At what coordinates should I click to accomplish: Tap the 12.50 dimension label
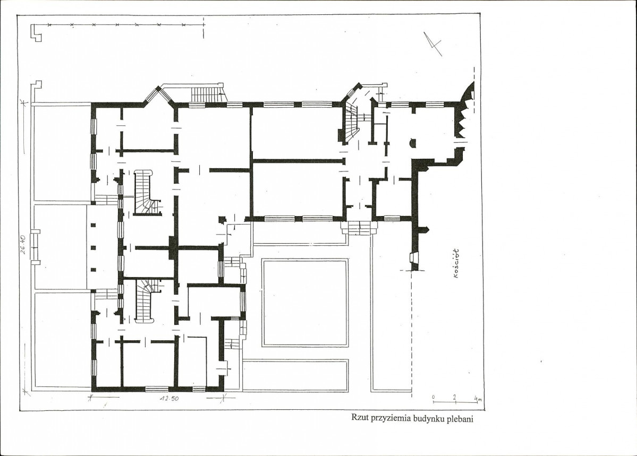pyautogui.click(x=169, y=398)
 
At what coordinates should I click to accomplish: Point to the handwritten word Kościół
pyautogui.click(x=456, y=263)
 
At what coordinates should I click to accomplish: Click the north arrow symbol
pyautogui.click(x=432, y=44)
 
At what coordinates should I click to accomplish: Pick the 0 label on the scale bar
pyautogui.click(x=433, y=397)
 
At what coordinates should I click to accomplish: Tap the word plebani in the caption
pyautogui.click(x=460, y=419)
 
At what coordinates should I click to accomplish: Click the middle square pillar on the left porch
pyautogui.click(x=93, y=247)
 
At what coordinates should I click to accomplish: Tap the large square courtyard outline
pyautogui.click(x=305, y=303)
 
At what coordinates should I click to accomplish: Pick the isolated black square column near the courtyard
pyautogui.click(x=222, y=220)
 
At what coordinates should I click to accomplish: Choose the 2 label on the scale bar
pyautogui.click(x=455, y=397)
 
